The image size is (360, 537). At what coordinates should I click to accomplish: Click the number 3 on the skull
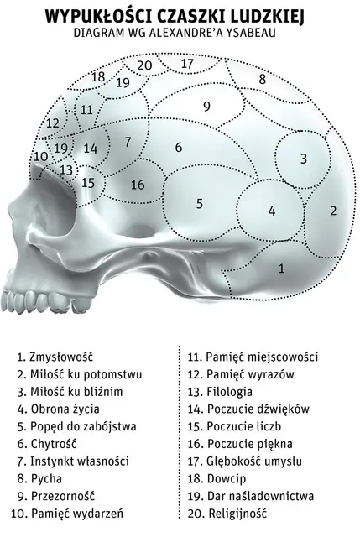[304, 159]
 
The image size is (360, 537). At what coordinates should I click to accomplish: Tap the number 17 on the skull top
[187, 64]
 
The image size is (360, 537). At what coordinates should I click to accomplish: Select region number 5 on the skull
[200, 204]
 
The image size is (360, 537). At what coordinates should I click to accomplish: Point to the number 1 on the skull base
[281, 268]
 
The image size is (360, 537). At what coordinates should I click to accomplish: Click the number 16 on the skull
[138, 185]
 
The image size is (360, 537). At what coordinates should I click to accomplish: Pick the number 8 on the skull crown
[263, 79]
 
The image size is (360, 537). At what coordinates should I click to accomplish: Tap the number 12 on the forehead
[53, 123]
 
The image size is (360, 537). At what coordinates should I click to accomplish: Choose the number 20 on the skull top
[144, 65]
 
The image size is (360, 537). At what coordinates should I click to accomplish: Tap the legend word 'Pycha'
[46, 478]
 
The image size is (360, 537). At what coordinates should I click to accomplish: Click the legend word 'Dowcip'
[227, 478]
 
